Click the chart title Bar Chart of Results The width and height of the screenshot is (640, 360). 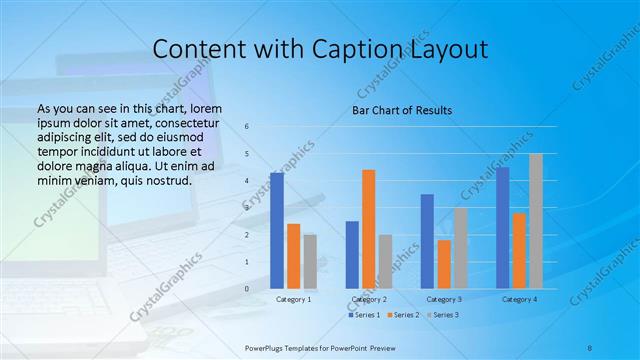coord(401,110)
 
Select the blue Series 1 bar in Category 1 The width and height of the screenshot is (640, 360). coord(277,230)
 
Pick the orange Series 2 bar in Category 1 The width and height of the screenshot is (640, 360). coord(293,256)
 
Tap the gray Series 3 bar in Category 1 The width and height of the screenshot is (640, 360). coord(309,261)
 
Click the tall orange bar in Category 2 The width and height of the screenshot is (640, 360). coord(368,229)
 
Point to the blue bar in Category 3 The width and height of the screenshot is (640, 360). coord(427,241)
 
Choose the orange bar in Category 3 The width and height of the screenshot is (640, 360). coord(443,264)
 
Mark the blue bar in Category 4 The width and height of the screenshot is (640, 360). coord(502,227)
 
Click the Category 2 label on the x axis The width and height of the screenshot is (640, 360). coord(368,299)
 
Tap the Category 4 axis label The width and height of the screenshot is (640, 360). coord(519,299)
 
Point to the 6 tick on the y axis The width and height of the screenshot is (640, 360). coord(248,127)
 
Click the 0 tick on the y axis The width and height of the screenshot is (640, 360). coord(248,289)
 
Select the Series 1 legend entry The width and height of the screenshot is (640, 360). coord(365,315)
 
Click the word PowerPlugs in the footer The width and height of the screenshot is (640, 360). coord(268,347)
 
